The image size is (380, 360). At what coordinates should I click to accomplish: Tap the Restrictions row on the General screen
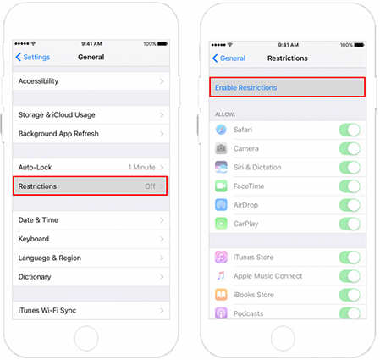click(90, 186)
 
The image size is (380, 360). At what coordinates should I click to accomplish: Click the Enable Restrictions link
click(245, 87)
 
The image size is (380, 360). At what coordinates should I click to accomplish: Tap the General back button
click(229, 58)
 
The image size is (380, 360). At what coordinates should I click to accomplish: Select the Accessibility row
click(90, 81)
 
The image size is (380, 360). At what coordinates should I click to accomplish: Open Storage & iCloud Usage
click(90, 115)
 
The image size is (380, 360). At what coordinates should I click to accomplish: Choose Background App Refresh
click(90, 134)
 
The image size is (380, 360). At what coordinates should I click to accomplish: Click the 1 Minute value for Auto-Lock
click(140, 168)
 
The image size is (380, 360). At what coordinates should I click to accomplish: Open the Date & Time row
click(90, 220)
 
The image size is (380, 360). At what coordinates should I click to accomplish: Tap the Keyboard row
click(90, 239)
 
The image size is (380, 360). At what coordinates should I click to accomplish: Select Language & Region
click(90, 258)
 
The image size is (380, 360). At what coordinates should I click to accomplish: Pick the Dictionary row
click(90, 276)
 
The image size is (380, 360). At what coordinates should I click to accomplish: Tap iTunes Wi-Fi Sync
click(90, 310)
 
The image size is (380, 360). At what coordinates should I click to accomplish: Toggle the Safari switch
click(350, 130)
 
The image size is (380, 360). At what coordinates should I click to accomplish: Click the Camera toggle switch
click(350, 148)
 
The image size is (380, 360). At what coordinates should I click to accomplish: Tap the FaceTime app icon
click(221, 186)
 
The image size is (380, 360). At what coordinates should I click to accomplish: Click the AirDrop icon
click(221, 204)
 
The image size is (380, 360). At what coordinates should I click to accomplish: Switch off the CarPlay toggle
click(350, 224)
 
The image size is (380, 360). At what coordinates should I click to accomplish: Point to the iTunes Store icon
click(221, 257)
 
